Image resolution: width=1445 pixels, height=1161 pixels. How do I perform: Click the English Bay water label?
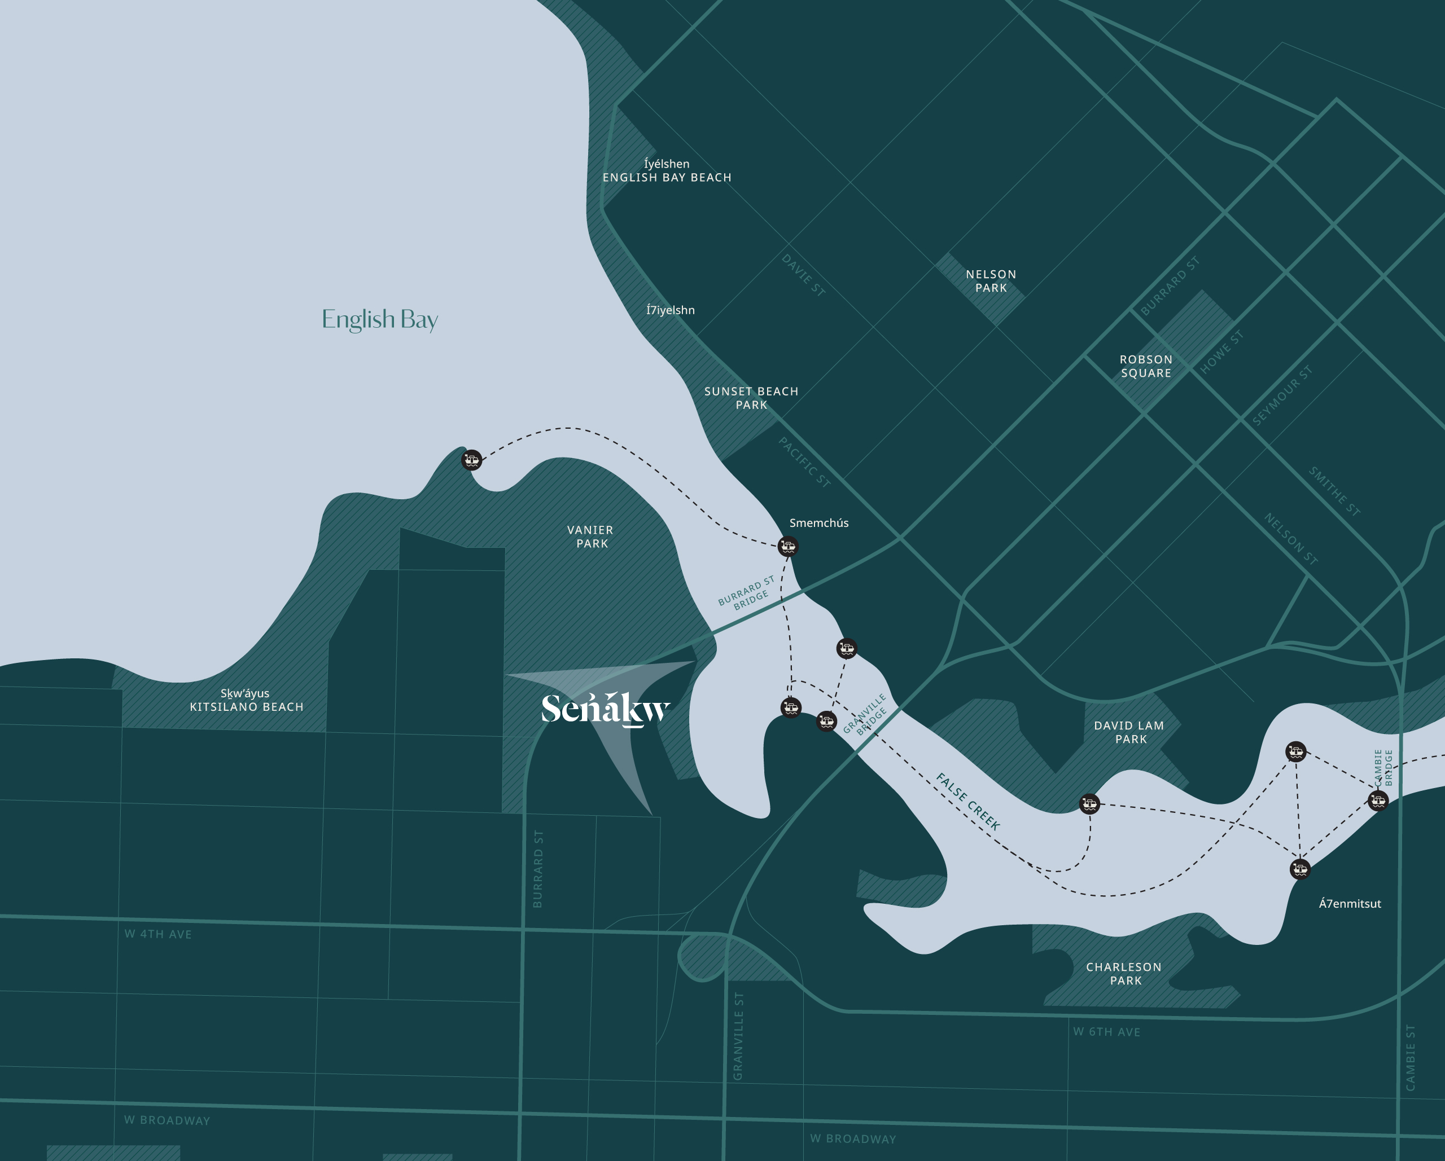point(379,319)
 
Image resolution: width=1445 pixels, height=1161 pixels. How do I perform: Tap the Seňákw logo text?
point(605,709)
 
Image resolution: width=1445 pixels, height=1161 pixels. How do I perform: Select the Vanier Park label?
point(590,536)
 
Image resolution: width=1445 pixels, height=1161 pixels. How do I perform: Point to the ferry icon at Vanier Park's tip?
point(472,460)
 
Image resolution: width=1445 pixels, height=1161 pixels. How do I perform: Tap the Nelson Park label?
point(991,281)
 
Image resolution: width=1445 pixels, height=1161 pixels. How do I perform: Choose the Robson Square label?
point(1146,366)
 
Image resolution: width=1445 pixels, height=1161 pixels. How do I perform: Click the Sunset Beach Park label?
point(751,398)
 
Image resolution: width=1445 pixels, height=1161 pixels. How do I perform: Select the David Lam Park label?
point(1129,732)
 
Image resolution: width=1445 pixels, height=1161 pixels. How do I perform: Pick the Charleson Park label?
point(1124,973)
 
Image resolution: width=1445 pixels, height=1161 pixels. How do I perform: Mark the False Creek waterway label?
point(969,801)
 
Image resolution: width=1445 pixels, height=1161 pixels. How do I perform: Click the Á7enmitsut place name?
point(1350,904)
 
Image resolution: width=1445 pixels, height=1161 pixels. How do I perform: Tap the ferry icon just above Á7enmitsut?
point(1299,869)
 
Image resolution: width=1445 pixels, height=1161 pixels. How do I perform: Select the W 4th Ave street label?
point(158,934)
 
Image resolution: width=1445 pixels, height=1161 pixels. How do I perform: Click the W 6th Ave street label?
point(1106,1032)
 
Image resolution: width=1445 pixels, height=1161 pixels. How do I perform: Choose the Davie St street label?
point(803,275)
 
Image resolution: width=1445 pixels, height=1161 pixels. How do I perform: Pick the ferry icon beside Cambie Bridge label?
point(1378,800)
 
